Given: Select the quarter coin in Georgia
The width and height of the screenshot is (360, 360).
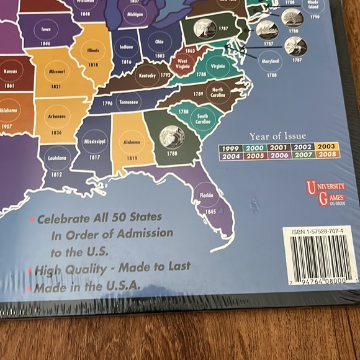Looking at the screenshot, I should click(x=171, y=136).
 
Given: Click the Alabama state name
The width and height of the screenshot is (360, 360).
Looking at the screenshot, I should click(x=131, y=142).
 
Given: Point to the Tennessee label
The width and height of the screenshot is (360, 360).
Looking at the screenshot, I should click(x=129, y=102).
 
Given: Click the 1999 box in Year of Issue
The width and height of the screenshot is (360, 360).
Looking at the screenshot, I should click(x=230, y=146).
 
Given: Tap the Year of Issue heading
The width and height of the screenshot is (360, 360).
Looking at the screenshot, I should click(x=277, y=136).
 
